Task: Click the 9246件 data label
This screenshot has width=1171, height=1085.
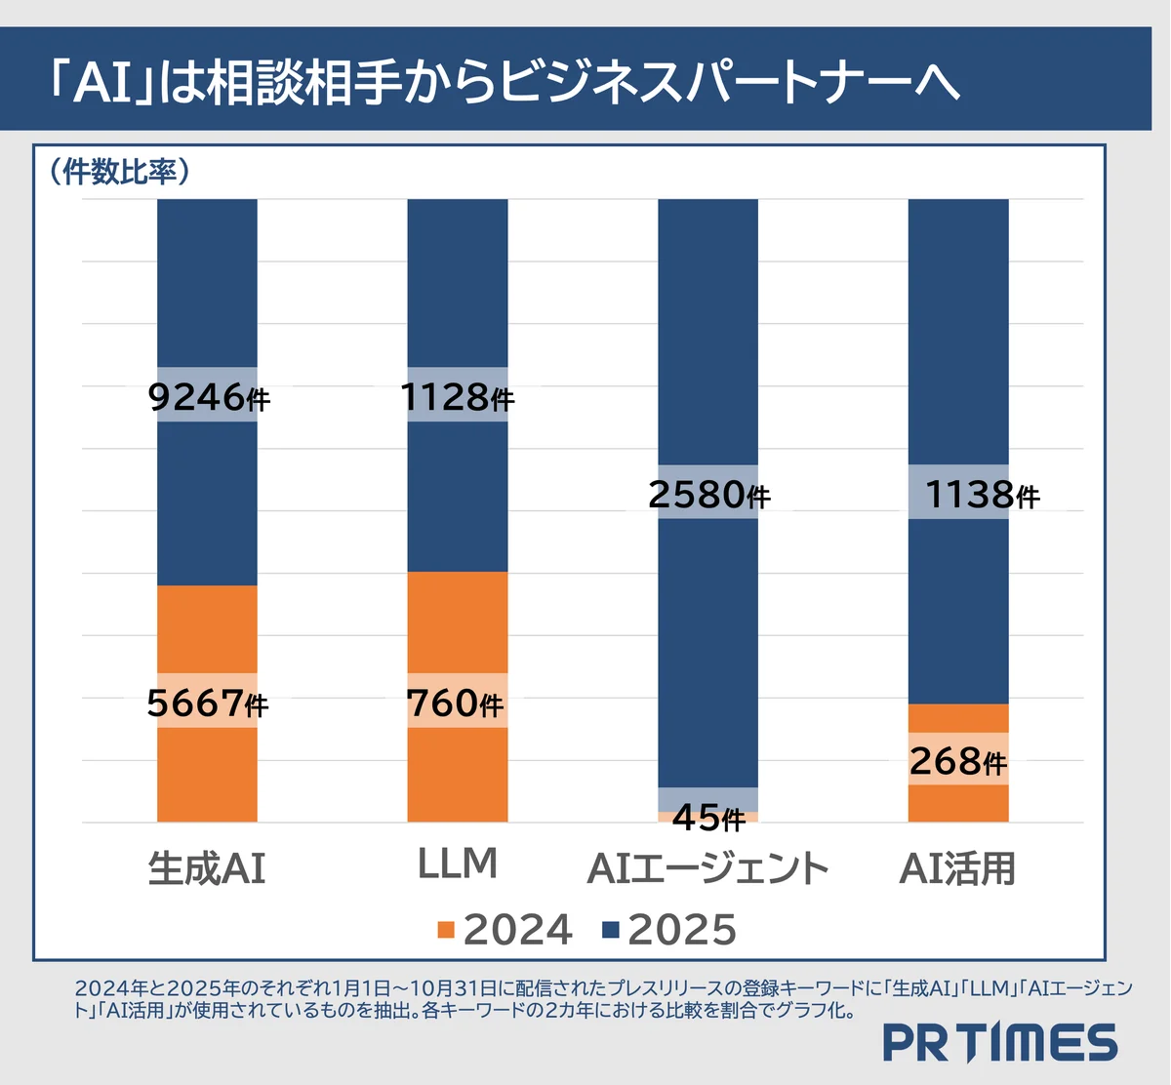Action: pyautogui.click(x=208, y=397)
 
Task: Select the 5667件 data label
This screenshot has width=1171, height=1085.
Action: pyautogui.click(x=207, y=703)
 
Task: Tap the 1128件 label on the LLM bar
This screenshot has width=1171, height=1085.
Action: pyautogui.click(x=457, y=397)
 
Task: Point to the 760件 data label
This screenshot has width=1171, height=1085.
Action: pyautogui.click(x=456, y=703)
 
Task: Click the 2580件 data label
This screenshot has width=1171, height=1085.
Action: pyautogui.click(x=708, y=495)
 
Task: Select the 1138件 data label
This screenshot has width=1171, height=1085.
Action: pyautogui.click(x=981, y=495)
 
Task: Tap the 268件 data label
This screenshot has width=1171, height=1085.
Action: pyautogui.click(x=957, y=761)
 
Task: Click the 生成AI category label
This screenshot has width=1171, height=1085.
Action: pyautogui.click(x=207, y=868)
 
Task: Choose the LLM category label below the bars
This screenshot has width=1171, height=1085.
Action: pyautogui.click(x=457, y=864)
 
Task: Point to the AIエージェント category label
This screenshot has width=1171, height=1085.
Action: pyautogui.click(x=707, y=868)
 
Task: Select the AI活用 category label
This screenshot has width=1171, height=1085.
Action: pyautogui.click(x=957, y=868)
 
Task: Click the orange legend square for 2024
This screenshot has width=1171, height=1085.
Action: pyautogui.click(x=447, y=930)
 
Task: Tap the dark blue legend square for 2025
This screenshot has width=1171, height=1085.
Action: pyautogui.click(x=611, y=930)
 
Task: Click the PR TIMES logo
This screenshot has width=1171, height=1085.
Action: pyautogui.click(x=999, y=1043)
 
